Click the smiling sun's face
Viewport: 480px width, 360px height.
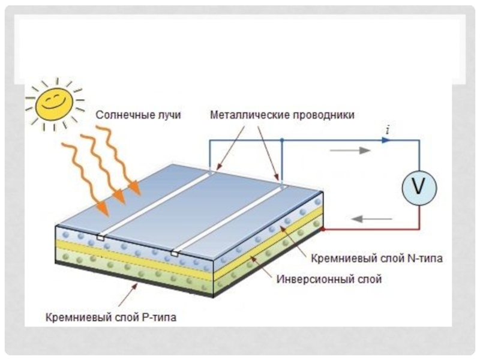(x=54, y=104)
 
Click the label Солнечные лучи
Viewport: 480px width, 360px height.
(x=139, y=115)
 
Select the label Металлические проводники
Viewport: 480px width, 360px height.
(x=282, y=115)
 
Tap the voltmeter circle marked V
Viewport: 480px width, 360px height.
(x=419, y=188)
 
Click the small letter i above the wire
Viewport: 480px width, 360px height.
(x=388, y=131)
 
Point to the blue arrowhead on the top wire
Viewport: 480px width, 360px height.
(x=386, y=140)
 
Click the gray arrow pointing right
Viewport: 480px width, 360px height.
(x=350, y=151)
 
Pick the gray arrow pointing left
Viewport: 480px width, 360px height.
(x=371, y=219)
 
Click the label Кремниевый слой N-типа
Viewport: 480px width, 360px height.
(x=377, y=259)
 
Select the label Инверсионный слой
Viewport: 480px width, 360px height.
(x=329, y=279)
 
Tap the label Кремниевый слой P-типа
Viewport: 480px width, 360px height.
(x=111, y=317)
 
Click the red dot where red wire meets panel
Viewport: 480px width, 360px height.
(x=322, y=229)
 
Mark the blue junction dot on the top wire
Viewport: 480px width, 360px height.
(x=282, y=140)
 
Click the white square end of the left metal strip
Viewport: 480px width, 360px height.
(x=100, y=237)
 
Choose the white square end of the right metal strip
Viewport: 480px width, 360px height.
(x=175, y=253)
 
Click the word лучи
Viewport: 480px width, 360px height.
(x=169, y=115)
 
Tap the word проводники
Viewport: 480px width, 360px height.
(x=324, y=115)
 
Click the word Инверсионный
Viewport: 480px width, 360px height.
(x=312, y=279)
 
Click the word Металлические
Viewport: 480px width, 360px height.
(x=250, y=115)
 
